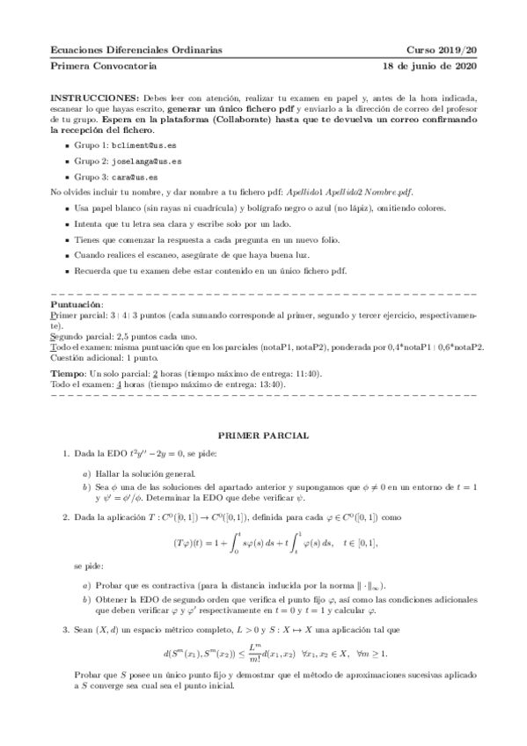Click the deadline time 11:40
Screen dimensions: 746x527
[307, 373]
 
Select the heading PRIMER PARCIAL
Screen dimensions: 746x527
[263, 435]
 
